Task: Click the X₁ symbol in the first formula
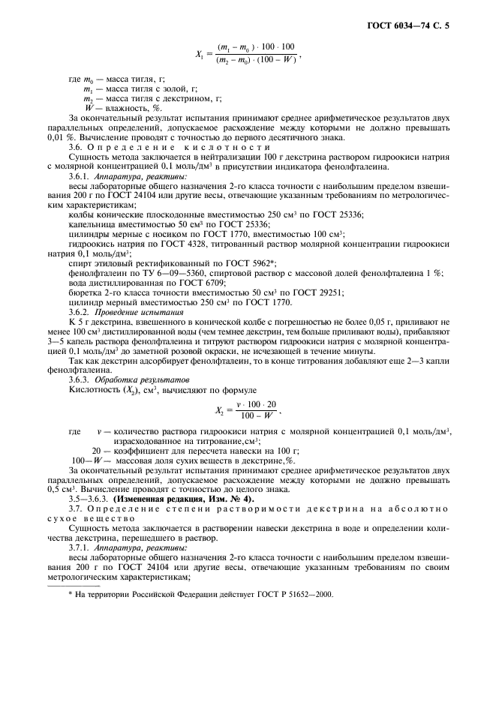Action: point(200,55)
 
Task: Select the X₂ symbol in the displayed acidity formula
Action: point(219,411)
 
